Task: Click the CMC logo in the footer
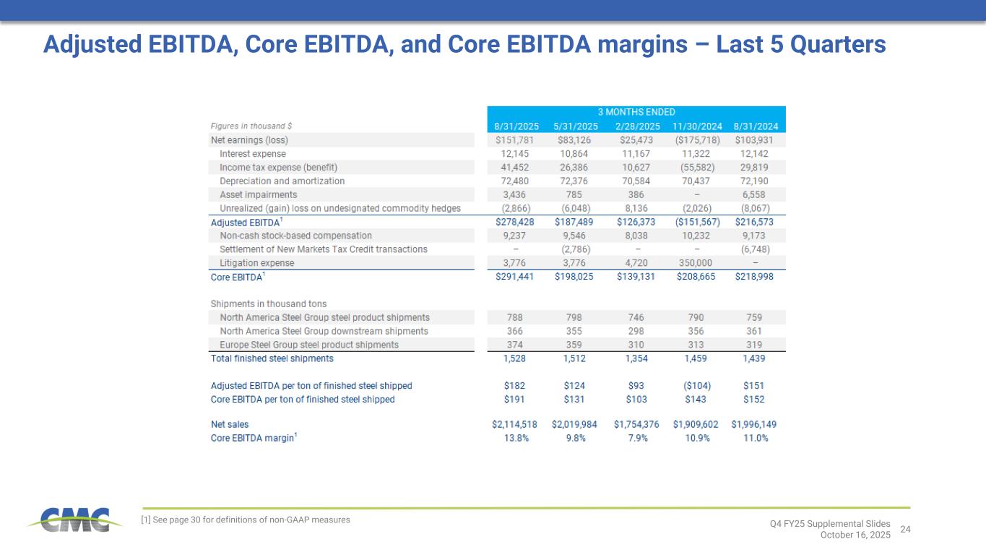(69, 520)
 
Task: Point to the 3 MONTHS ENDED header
(636, 112)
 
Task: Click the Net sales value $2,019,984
(574, 424)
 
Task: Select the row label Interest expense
(252, 153)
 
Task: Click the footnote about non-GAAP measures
(245, 520)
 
